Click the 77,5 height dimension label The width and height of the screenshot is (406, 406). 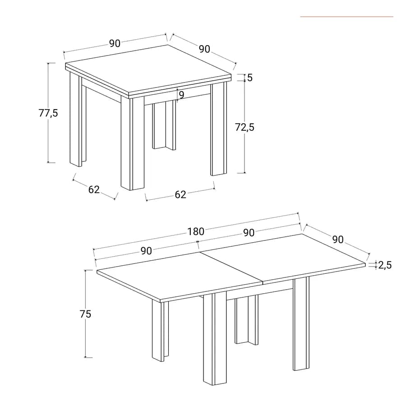tap(48, 113)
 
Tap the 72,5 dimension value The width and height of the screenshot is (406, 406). tap(245, 127)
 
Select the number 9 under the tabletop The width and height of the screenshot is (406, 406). tap(181, 95)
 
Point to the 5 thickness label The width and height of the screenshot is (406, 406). tap(250, 78)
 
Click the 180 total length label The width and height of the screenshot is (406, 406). tap(196, 231)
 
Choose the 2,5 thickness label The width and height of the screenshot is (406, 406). tap(385, 265)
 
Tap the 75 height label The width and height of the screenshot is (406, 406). tap(85, 314)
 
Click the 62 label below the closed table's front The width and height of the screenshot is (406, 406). tap(180, 194)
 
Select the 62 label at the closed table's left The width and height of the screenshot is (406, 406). tap(94, 189)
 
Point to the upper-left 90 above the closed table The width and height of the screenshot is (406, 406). tap(115, 43)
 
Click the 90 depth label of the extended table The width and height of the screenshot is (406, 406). tap(338, 240)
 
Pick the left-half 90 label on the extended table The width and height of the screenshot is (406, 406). tap(146, 251)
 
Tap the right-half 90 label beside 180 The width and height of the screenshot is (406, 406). tap(249, 233)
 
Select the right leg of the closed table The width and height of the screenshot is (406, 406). tap(218, 129)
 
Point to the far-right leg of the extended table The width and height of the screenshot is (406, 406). tap(301, 323)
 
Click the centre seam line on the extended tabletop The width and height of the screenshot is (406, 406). tap(231, 267)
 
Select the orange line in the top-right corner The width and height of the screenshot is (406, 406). tap(347, 17)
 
